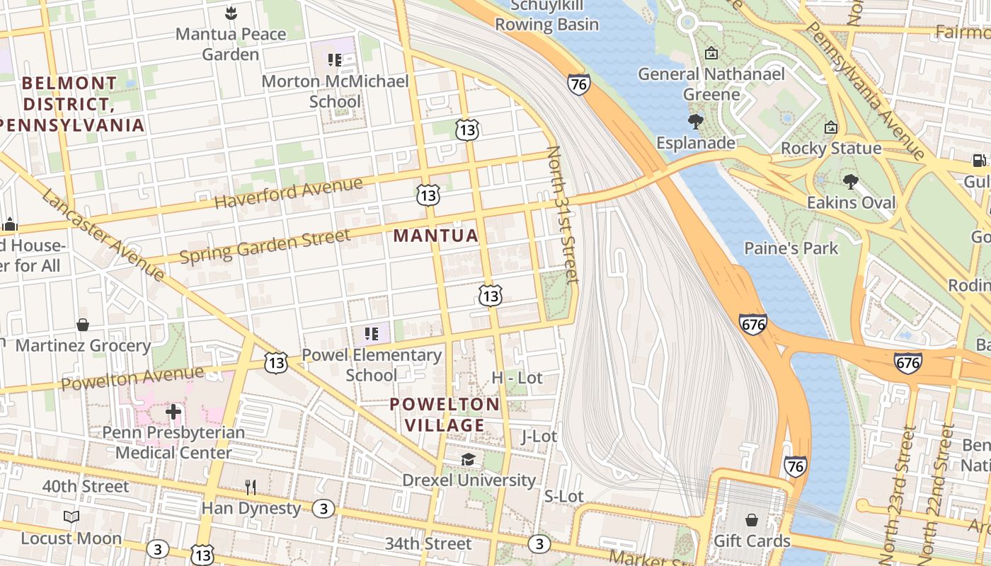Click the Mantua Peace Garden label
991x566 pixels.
231,44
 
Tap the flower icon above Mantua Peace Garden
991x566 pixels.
231,12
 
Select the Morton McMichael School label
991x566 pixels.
336,91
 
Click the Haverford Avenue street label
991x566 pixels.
288,193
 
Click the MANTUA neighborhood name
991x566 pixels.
436,236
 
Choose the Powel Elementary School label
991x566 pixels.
372,364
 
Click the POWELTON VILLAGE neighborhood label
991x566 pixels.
445,415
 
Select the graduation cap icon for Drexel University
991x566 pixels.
468,460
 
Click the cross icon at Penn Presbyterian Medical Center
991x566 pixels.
173,411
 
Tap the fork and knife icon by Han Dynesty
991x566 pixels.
250,487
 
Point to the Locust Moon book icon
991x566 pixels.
71,517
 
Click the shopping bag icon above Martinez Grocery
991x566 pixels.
83,325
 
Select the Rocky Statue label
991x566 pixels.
831,149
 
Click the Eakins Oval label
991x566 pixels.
852,203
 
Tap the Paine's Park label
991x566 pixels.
791,248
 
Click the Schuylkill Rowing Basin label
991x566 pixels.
546,16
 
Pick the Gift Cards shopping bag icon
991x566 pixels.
752,520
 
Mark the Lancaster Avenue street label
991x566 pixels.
103,234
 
